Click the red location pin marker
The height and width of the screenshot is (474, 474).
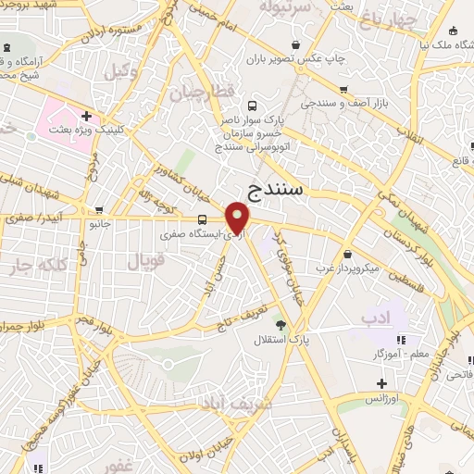coord(239,218)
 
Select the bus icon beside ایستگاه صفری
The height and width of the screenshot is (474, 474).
coord(203,219)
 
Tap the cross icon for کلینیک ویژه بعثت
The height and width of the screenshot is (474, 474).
coord(86,116)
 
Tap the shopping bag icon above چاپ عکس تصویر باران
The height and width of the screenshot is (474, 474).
coord(295,44)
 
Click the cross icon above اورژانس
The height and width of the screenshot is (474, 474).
coord(380,382)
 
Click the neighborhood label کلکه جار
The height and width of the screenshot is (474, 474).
coord(38,266)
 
